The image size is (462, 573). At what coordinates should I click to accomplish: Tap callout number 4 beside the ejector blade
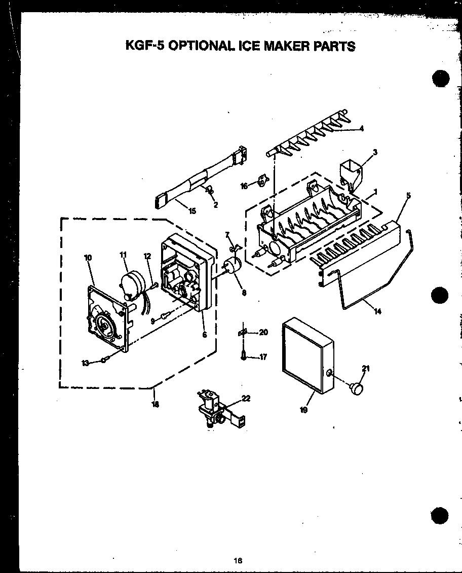point(362,128)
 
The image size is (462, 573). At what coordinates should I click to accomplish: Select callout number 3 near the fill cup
point(375,152)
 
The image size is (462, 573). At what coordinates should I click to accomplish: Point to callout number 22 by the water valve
point(246,399)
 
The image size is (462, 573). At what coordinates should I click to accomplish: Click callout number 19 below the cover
point(303,410)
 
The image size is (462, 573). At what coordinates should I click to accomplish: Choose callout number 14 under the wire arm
point(377,311)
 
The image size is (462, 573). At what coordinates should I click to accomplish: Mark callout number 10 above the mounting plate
point(88,258)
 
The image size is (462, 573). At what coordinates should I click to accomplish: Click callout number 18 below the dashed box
point(155,404)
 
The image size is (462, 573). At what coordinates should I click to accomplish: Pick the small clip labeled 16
point(262,180)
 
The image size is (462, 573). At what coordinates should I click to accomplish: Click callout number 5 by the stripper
point(408,195)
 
